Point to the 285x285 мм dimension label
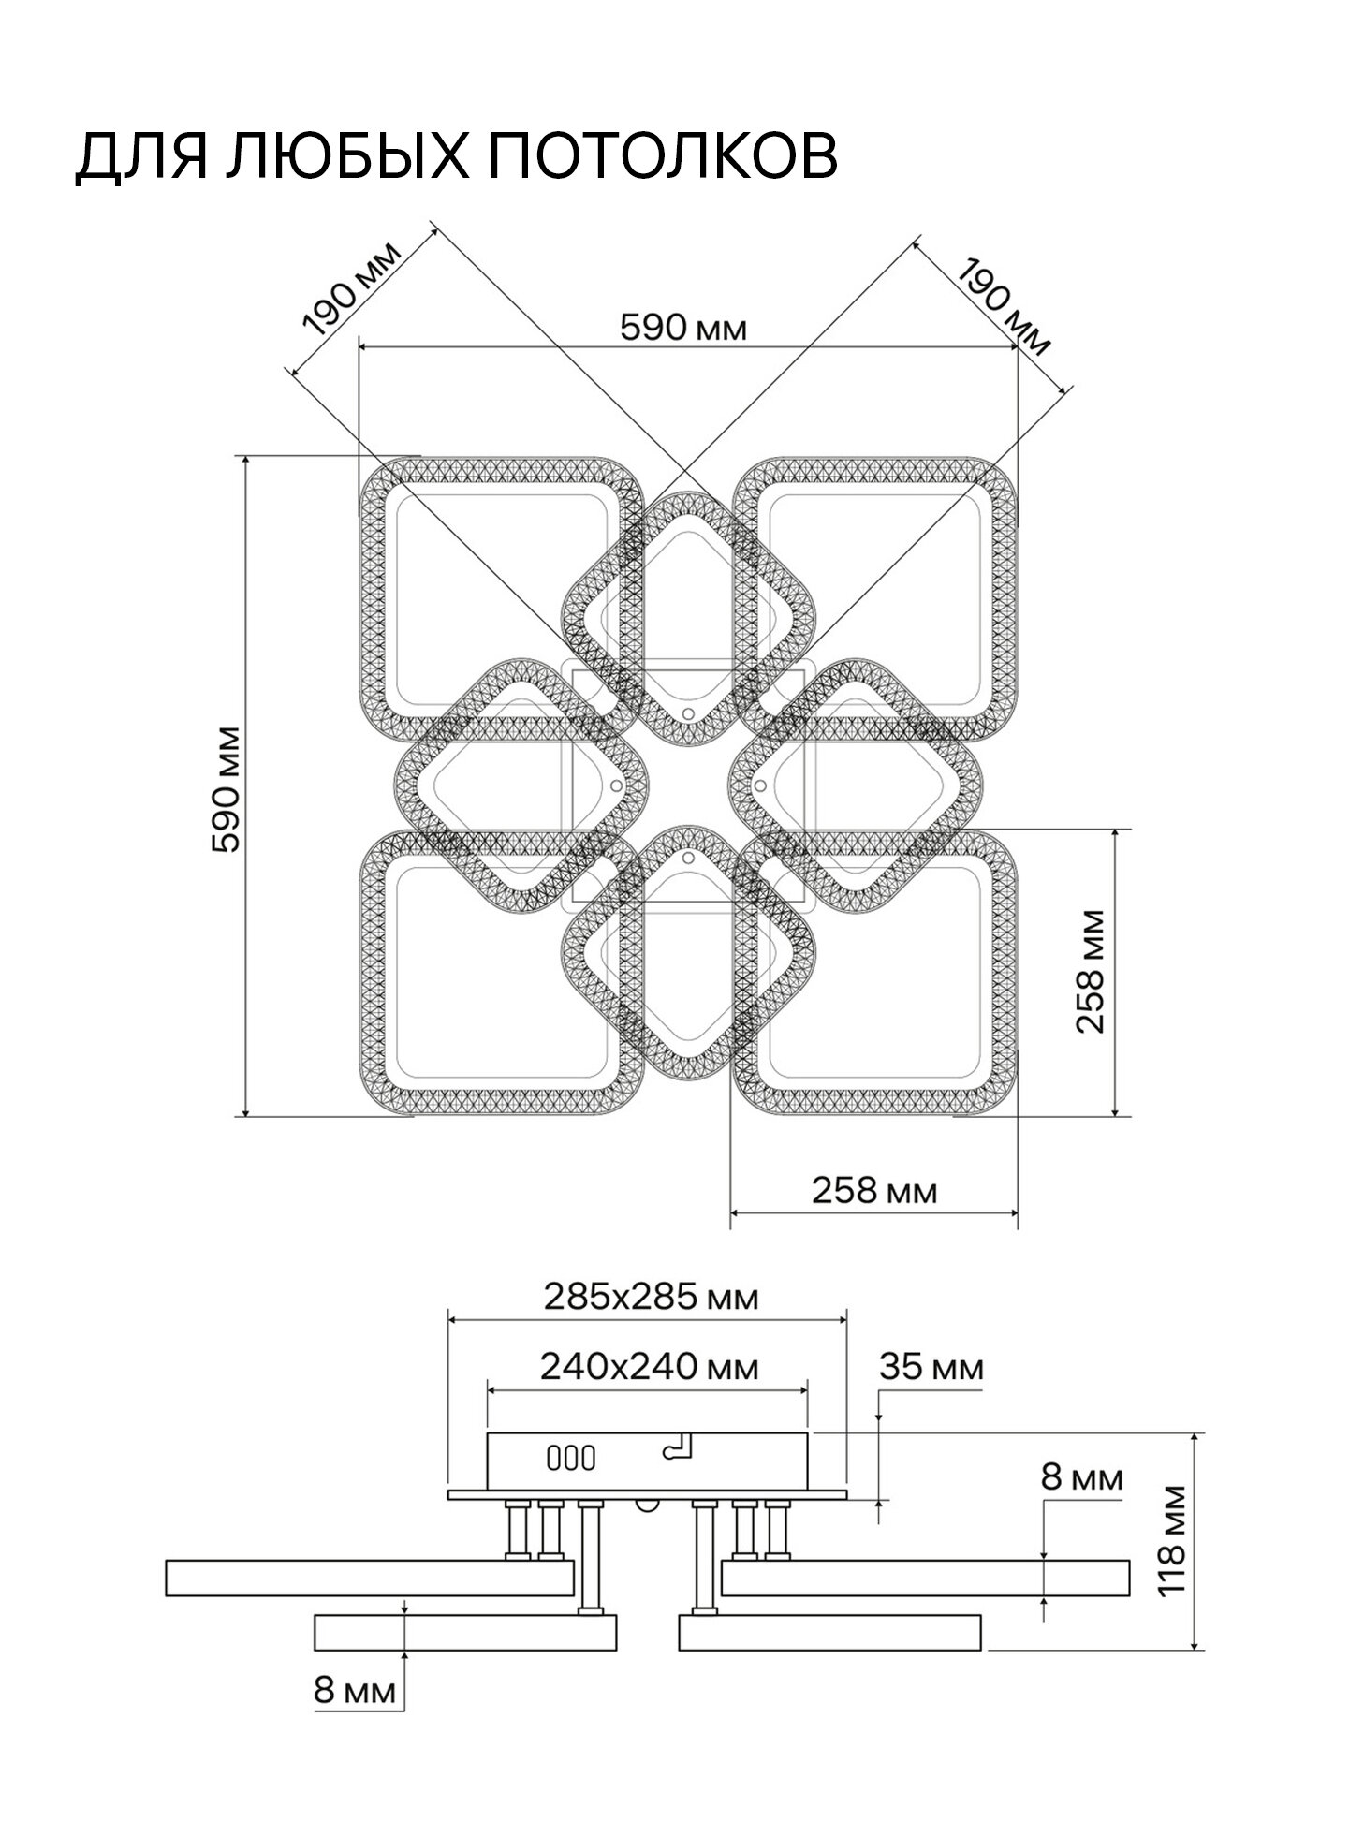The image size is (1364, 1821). click(651, 1297)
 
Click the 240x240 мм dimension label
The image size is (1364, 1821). click(649, 1367)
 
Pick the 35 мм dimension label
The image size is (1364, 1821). click(931, 1368)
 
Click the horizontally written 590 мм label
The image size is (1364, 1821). click(684, 328)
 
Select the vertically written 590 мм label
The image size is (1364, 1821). click(227, 788)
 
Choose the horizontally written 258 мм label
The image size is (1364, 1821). click(874, 1190)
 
